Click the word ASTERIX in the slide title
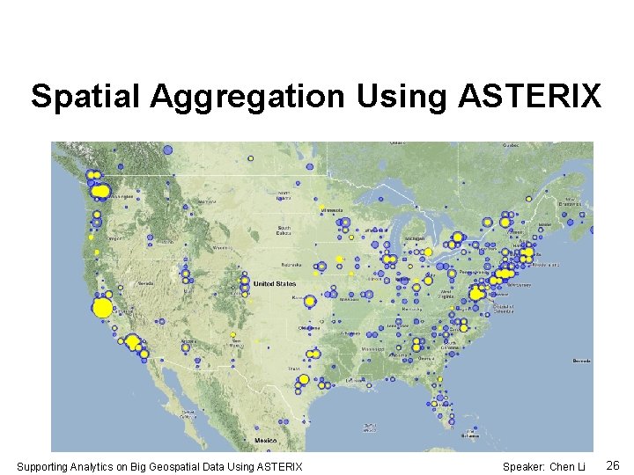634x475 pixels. click(530, 96)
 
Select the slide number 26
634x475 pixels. click(614, 465)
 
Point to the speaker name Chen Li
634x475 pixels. click(567, 466)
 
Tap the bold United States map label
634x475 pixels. click(275, 284)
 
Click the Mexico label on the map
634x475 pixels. click(265, 440)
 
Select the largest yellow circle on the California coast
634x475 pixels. click(102, 308)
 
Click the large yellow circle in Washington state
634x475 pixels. click(101, 191)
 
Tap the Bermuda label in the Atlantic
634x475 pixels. click(581, 361)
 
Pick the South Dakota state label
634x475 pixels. click(284, 230)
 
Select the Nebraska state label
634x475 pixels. click(291, 265)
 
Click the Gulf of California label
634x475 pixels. click(188, 415)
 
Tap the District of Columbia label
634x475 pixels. click(503, 308)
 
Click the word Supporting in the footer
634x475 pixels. click(43, 466)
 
